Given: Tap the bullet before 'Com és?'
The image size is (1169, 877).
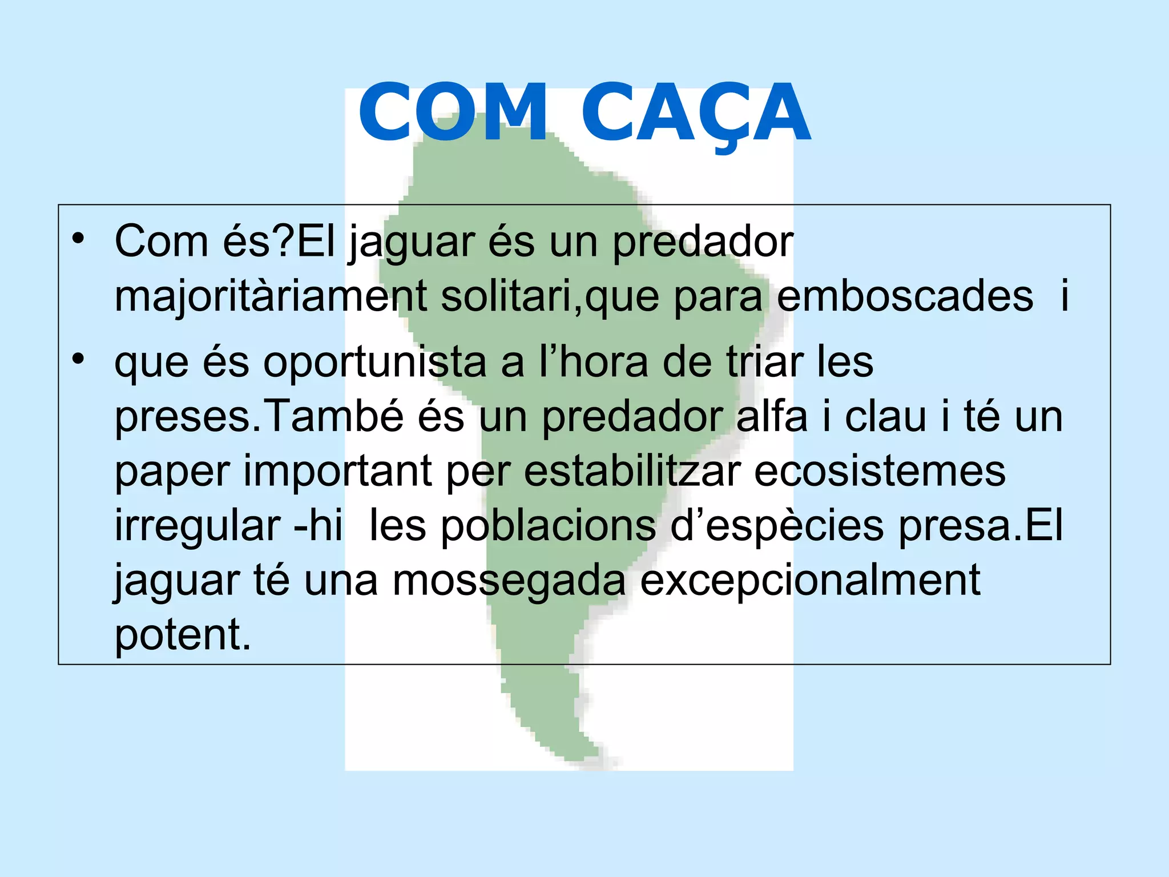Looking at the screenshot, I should tap(78, 238).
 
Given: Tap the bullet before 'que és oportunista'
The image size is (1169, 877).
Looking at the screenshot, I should tap(78, 359).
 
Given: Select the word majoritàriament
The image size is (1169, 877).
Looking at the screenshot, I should tap(271, 297).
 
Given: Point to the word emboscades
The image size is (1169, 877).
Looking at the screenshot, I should tap(905, 297).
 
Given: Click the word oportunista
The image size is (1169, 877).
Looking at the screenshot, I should tap(374, 363).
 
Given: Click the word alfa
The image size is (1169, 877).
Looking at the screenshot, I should tap(772, 416).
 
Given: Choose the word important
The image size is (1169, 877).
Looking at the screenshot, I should tap(337, 472).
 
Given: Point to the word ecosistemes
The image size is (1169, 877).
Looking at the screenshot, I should tap(880, 472).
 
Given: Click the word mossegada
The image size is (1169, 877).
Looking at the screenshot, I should tap(509, 580).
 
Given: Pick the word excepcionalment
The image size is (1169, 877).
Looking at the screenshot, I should tap(810, 581).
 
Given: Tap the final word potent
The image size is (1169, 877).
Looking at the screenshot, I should tap(183, 635).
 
